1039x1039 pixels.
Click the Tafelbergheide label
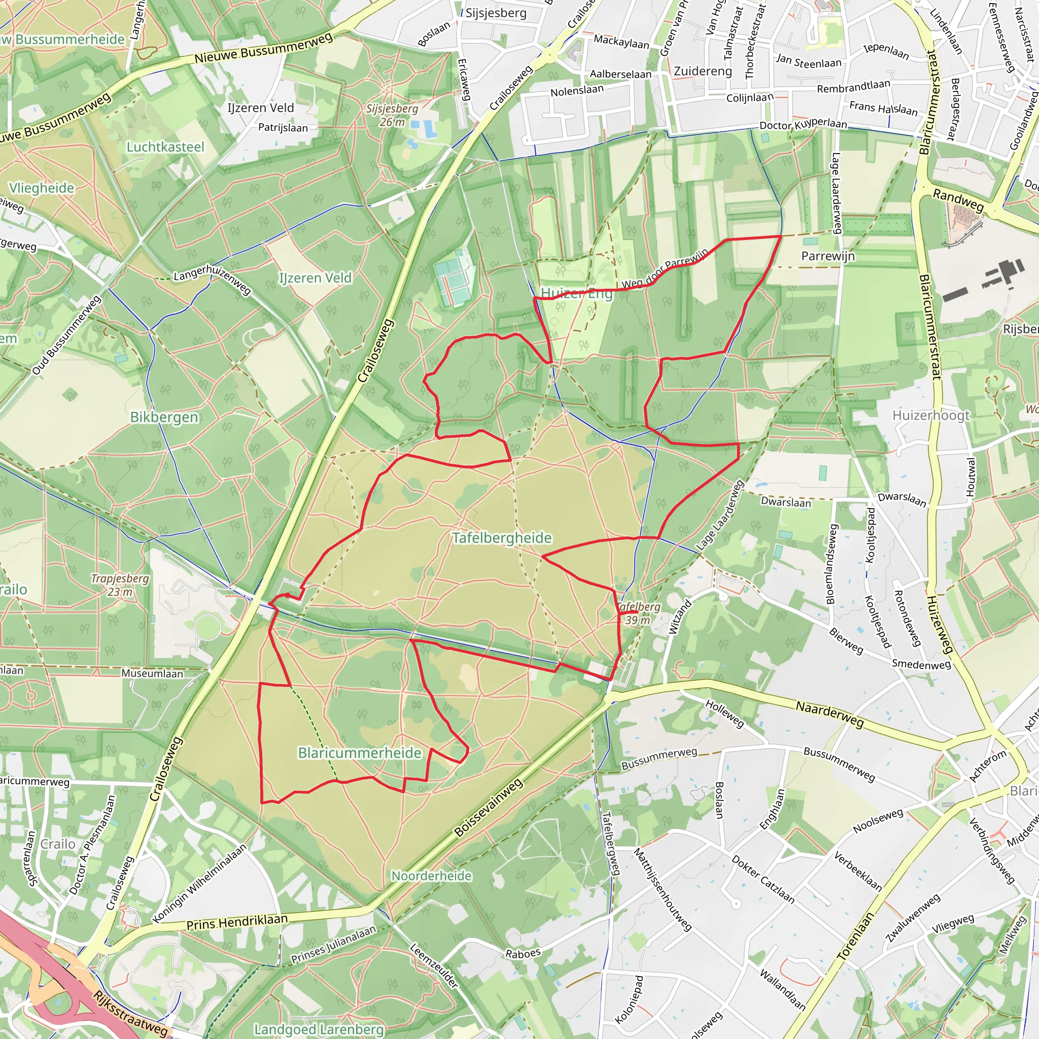click(502, 538)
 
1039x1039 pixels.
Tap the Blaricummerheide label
click(359, 753)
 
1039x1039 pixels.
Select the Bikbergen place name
click(164, 418)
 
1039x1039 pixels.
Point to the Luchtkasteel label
click(165, 147)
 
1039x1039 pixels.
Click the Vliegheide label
click(42, 188)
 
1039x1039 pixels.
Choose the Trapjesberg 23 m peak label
click(119, 585)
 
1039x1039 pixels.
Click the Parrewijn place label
click(827, 256)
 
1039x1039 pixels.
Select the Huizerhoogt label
click(931, 415)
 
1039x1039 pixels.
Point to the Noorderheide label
click(431, 876)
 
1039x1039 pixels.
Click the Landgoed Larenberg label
click(319, 1029)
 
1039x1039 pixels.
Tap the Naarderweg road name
click(829, 714)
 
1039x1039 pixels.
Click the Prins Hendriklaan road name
click(236, 922)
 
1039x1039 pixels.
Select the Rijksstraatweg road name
click(131, 1014)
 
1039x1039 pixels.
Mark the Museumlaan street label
click(152, 673)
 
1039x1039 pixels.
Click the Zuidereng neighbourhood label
click(703, 71)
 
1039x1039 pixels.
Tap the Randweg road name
click(958, 200)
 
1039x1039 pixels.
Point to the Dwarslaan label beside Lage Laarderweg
click(786, 502)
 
